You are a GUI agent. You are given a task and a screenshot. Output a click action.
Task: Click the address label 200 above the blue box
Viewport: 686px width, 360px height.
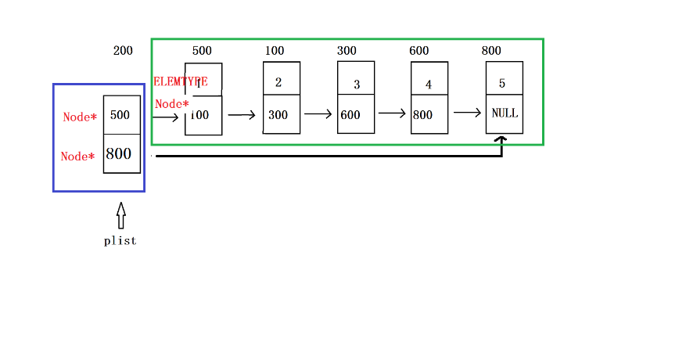pos(123,51)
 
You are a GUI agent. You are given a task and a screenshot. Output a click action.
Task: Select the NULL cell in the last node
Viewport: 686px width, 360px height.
pos(505,113)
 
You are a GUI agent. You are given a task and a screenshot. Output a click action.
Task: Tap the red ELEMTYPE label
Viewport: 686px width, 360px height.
pos(181,81)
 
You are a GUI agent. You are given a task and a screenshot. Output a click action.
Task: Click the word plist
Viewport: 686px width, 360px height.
pos(120,241)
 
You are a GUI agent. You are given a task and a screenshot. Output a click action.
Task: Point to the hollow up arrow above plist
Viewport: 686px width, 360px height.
pos(121,215)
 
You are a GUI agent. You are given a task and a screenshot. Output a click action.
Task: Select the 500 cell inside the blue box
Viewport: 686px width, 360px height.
pos(121,115)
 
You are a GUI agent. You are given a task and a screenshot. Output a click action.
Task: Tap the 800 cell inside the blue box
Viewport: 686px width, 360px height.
pos(121,153)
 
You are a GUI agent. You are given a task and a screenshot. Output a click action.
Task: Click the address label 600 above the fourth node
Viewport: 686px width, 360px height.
pos(418,51)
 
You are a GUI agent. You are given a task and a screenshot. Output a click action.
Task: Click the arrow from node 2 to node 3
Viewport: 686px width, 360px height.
pos(318,114)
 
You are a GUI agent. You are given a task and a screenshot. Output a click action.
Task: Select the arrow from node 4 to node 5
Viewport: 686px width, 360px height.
pos(467,113)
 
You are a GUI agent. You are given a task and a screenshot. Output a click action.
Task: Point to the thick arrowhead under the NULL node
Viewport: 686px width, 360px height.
pos(501,140)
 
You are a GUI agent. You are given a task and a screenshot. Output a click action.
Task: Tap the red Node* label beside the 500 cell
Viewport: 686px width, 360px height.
pos(80,117)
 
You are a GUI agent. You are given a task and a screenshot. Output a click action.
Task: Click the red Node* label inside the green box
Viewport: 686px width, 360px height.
pos(171,104)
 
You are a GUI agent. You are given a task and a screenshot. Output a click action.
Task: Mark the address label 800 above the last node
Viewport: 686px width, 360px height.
pos(491,51)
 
